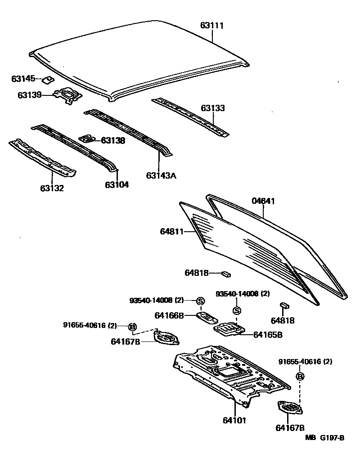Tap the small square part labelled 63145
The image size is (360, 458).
[x=47, y=80]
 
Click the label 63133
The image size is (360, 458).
[x=213, y=108]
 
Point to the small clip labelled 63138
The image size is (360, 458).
[x=87, y=139]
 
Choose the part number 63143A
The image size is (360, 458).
[x=161, y=175]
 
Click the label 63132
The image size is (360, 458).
[x=51, y=188]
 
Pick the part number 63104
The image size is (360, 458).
[x=117, y=184]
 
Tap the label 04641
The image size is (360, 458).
[x=263, y=201]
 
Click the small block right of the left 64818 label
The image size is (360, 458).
[x=226, y=273]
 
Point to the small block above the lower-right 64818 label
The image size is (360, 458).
[x=284, y=305]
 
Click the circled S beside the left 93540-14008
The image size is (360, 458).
[x=200, y=301]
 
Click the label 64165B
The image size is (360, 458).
[x=268, y=334]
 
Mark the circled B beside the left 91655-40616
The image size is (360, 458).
[x=132, y=326]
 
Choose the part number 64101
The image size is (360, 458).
[x=235, y=420]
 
